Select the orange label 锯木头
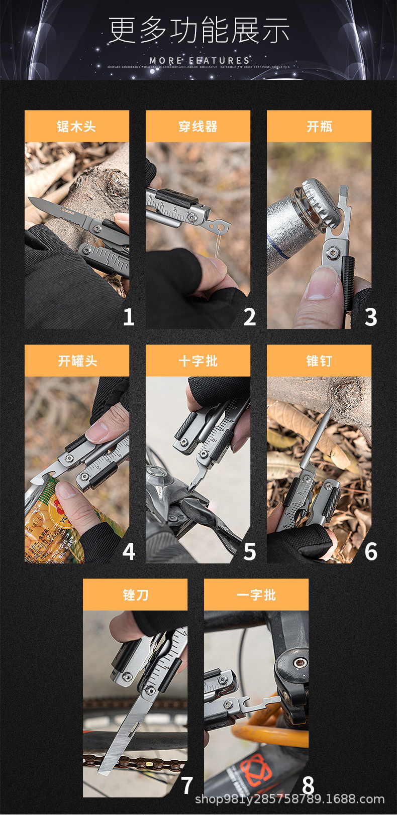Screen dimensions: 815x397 [76, 126]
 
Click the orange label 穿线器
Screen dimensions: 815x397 [198, 126]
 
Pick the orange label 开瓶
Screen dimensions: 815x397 [319, 126]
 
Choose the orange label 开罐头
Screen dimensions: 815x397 [77, 361]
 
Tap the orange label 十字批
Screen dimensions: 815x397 [198, 361]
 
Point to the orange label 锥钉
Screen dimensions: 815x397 [319, 361]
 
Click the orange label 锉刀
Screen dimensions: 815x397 [135, 595]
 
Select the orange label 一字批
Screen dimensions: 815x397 [256, 595]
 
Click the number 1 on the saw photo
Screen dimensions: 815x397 [129, 317]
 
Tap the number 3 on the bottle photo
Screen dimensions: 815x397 [370, 317]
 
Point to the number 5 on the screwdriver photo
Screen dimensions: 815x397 [249, 552]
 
